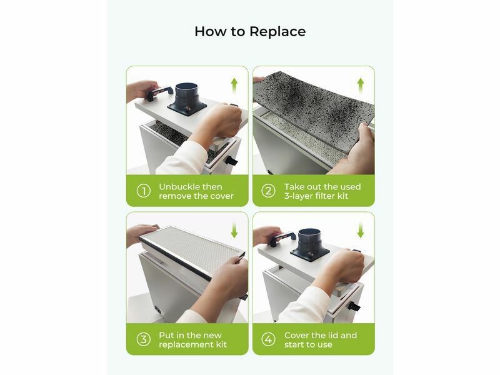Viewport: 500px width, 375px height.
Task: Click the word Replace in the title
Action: point(277,32)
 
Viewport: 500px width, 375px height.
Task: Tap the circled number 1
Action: point(144,191)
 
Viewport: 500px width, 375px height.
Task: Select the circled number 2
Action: point(268,191)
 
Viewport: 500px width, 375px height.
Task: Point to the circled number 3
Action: point(144,339)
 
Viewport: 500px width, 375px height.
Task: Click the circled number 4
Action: point(268,339)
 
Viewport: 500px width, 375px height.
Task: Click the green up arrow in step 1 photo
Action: point(234,86)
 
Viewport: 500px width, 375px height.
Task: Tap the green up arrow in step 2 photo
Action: point(361,86)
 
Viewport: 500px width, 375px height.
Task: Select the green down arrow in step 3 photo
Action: point(234,230)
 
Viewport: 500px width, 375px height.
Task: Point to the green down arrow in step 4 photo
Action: point(361,230)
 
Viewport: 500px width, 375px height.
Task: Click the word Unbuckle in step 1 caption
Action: point(178,186)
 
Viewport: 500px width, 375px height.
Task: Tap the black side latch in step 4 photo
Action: point(354,307)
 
